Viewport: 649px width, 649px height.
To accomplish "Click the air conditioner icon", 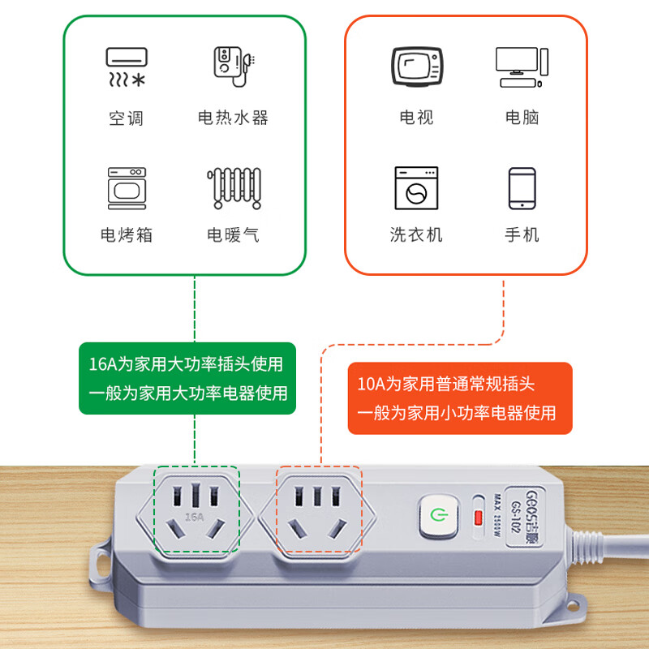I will (126, 67).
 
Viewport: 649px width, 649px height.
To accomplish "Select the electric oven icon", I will (126, 188).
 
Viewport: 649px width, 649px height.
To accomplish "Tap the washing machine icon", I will (416, 189).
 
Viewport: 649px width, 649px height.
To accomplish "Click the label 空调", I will (126, 118).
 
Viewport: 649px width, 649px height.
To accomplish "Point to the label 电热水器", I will (233, 118).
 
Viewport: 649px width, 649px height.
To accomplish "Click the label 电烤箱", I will (126, 235).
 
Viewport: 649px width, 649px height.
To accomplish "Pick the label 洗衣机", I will (416, 235).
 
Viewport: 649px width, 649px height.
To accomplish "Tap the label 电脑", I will (522, 118).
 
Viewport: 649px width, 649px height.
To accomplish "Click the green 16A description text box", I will (187, 378).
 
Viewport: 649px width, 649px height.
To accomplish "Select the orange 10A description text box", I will (460, 398).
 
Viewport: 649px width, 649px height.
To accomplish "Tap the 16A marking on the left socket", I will (194, 516).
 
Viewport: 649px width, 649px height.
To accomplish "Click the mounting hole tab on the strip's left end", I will (101, 561).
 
